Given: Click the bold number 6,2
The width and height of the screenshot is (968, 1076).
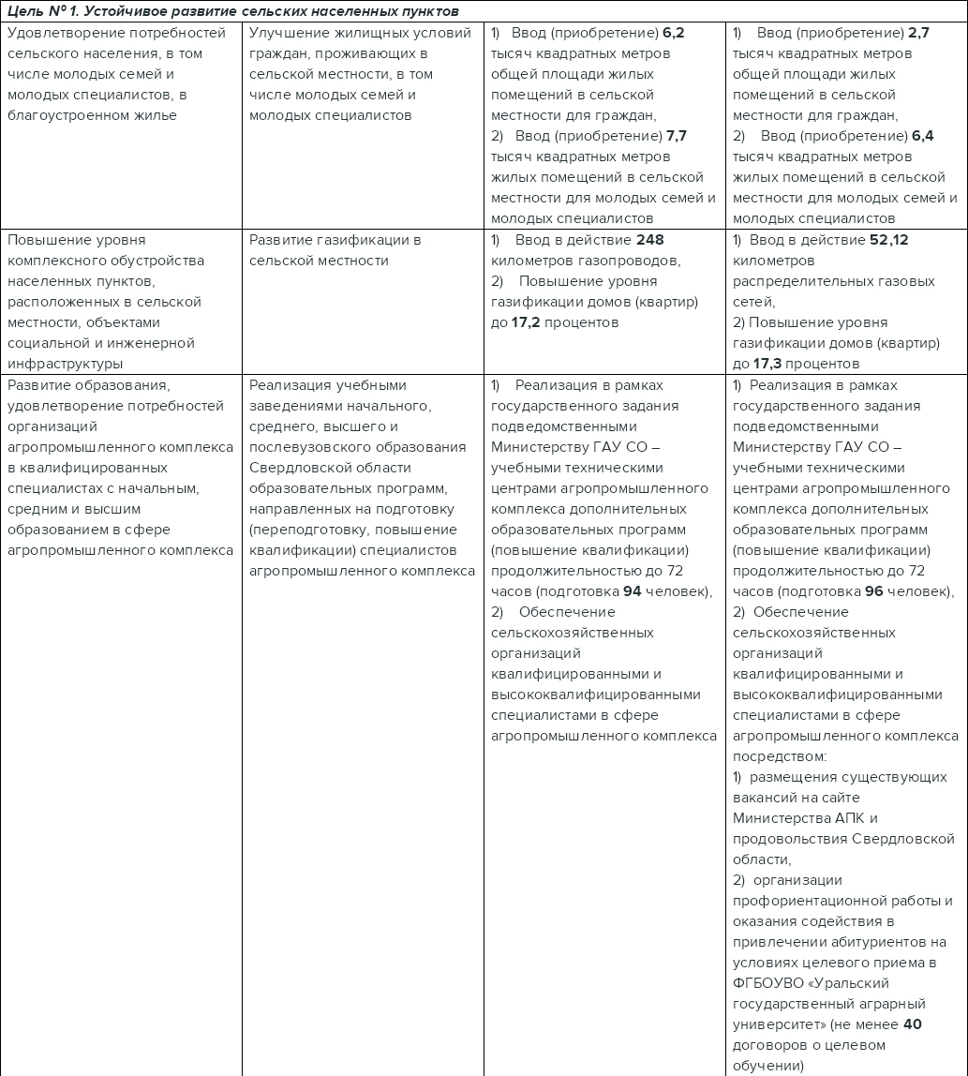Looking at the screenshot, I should click(x=674, y=33).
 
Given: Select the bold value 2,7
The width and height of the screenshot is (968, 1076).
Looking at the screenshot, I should click(x=918, y=33).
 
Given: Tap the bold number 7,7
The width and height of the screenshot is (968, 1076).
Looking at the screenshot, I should click(x=676, y=136).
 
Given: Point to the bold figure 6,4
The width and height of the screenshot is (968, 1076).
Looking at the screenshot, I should click(x=923, y=136).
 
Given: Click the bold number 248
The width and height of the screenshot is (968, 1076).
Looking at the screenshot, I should click(x=649, y=240).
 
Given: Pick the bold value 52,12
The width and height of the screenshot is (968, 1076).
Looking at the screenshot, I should click(x=889, y=240).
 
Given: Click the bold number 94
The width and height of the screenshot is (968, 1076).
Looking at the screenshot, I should click(x=633, y=591).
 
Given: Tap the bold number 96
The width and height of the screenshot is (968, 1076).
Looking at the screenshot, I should click(x=874, y=591).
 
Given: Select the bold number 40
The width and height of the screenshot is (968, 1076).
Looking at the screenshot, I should click(x=913, y=1024).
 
